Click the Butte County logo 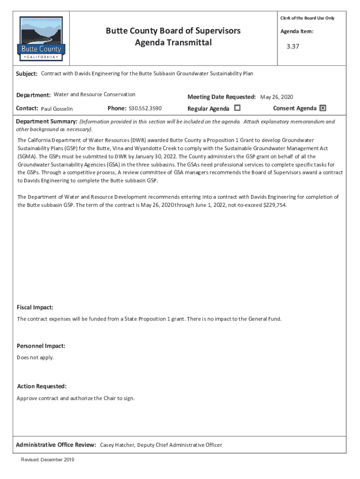click(x=41, y=39)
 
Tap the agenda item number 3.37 click(x=293, y=47)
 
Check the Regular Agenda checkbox click(x=237, y=108)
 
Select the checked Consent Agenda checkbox click(x=323, y=108)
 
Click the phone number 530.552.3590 click(x=145, y=109)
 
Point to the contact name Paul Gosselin click(x=57, y=109)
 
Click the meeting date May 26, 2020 click(x=276, y=97)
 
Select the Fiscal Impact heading click(x=35, y=307)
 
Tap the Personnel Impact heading click(x=41, y=346)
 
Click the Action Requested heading click(x=42, y=386)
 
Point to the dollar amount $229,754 click(x=272, y=205)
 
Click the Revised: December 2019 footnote click(x=47, y=460)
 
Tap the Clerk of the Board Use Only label click(x=307, y=18)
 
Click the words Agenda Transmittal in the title click(x=173, y=43)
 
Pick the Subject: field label click(x=27, y=74)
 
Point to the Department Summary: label click(x=47, y=122)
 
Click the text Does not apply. click(x=36, y=357)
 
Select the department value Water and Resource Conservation click(x=94, y=94)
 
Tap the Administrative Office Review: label click(x=56, y=445)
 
